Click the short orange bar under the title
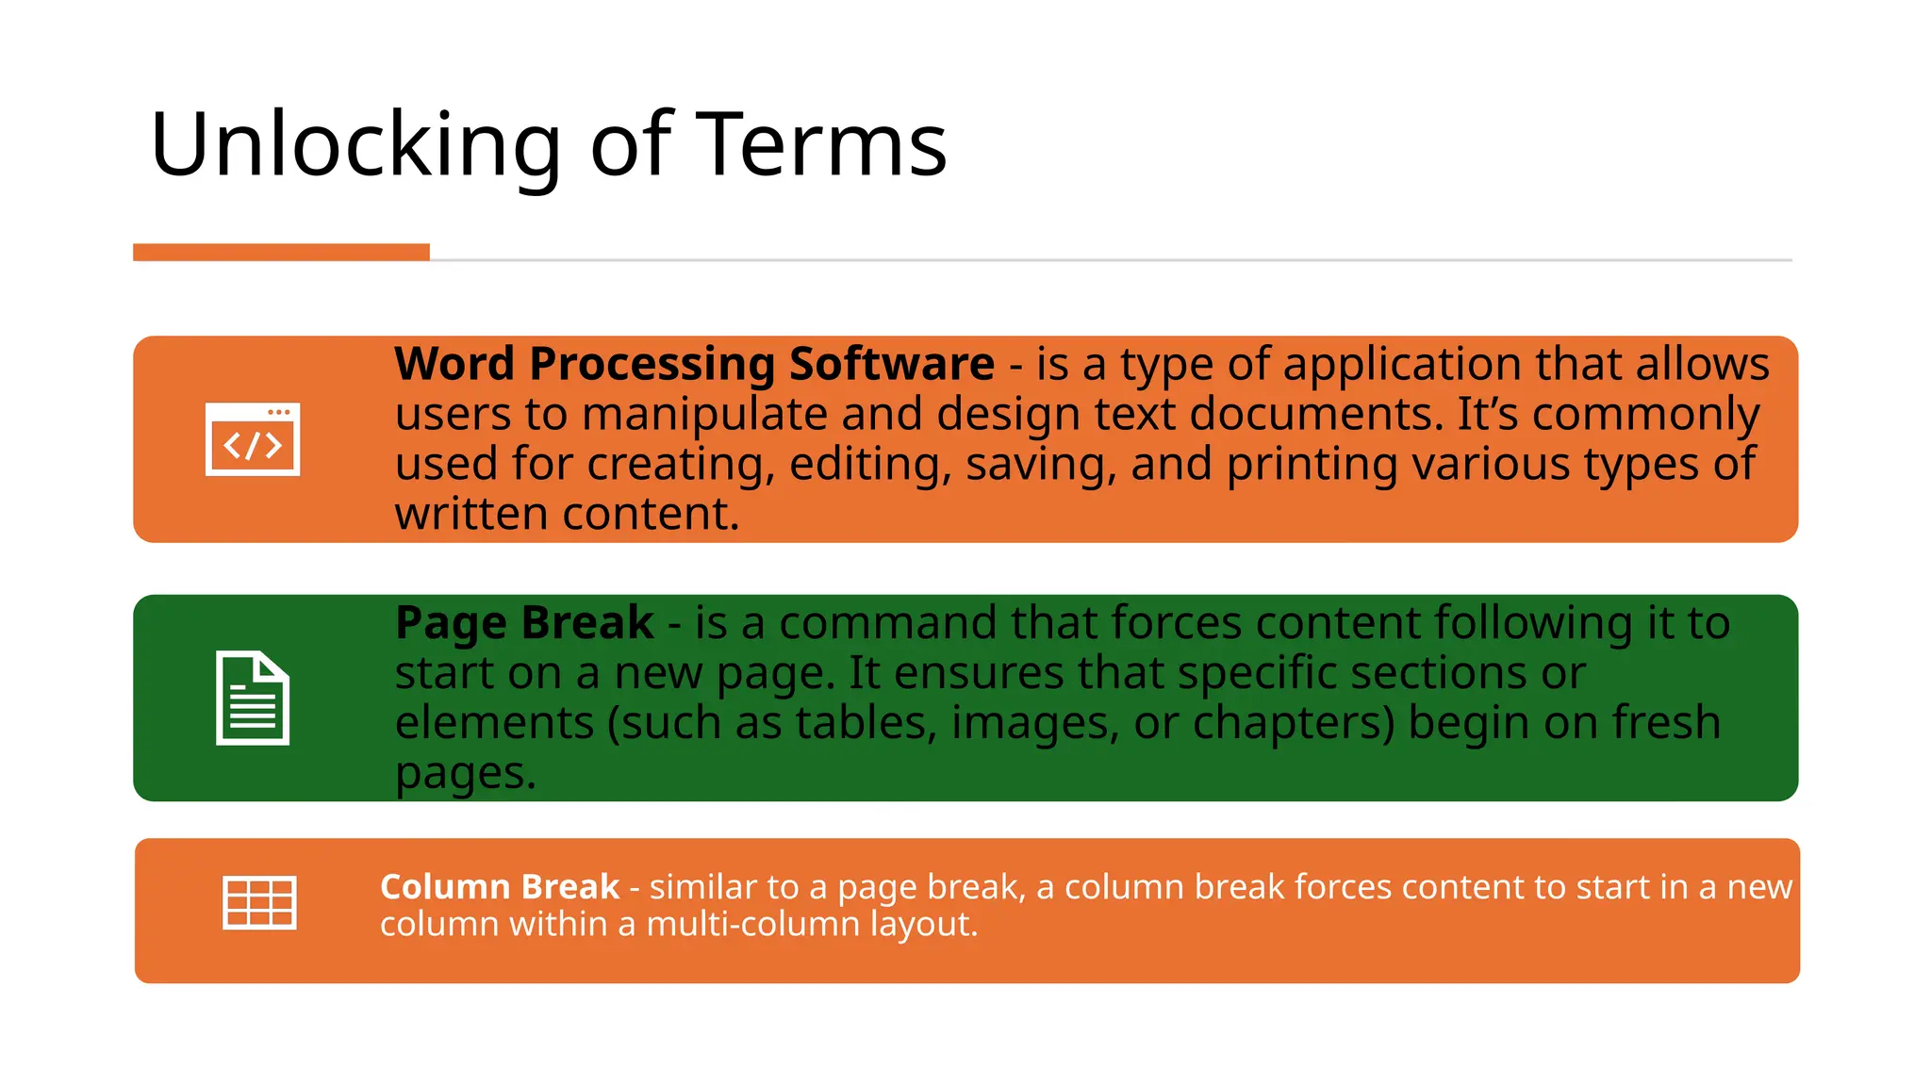[281, 252]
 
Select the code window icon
[253, 439]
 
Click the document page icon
[253, 698]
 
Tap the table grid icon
[259, 902]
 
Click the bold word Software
[891, 364]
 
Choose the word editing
[870, 466]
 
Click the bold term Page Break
[524, 623]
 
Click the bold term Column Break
[500, 887]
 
